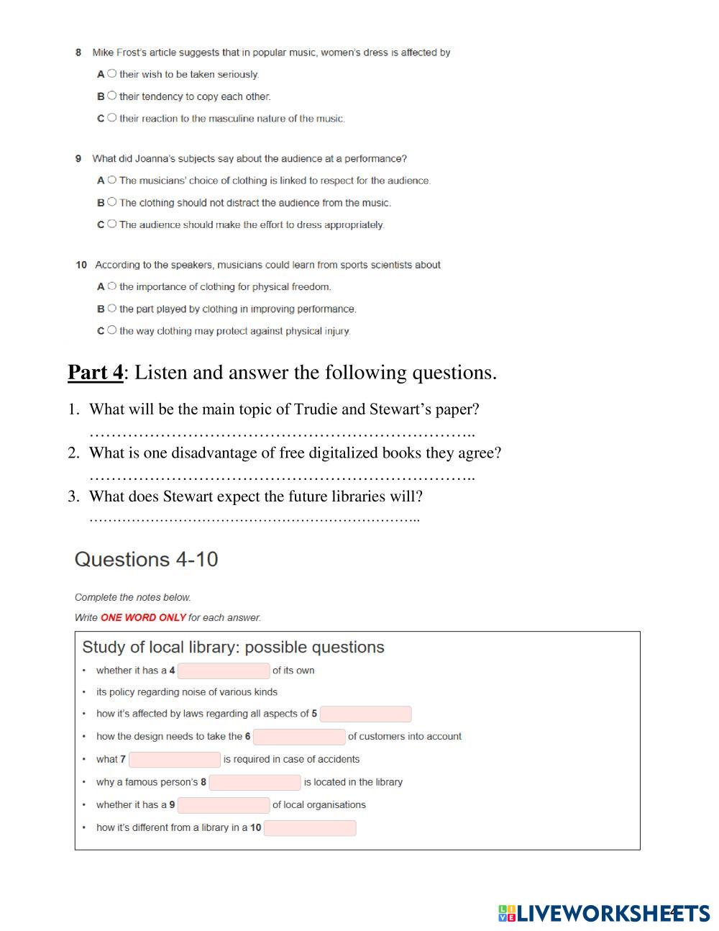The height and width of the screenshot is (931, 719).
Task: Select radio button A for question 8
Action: click(111, 73)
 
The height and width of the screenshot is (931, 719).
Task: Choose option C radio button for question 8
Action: click(111, 118)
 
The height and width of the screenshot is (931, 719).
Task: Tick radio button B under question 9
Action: click(111, 202)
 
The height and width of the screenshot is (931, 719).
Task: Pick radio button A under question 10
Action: click(111, 286)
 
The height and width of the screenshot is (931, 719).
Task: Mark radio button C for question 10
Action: click(111, 330)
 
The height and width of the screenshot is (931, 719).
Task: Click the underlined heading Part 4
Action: click(96, 373)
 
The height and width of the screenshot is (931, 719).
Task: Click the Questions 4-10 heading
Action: click(146, 559)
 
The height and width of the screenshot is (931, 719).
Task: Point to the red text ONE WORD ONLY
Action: click(143, 617)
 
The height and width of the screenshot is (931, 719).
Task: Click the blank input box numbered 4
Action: click(224, 671)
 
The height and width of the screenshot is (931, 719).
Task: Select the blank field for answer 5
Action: click(365, 714)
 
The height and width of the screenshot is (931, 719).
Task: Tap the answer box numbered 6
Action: click(299, 737)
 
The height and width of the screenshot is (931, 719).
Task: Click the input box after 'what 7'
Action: click(175, 760)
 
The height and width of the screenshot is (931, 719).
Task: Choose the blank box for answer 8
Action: click(255, 782)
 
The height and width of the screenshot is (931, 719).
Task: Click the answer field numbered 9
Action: click(224, 805)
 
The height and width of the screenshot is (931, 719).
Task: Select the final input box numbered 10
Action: click(310, 828)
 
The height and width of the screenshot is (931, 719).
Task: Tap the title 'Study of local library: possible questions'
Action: click(233, 647)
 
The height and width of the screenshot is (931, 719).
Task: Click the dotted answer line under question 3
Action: click(254, 518)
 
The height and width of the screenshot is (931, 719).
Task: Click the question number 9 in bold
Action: click(78, 158)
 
